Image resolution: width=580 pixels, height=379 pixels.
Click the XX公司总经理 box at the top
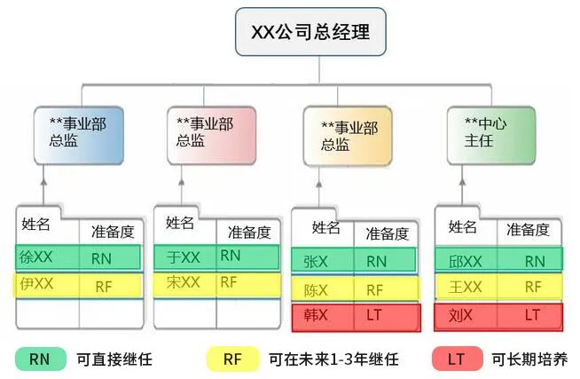click(x=310, y=33)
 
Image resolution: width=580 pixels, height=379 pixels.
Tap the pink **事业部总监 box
click(x=211, y=133)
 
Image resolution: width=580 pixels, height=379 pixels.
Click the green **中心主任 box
click(x=490, y=133)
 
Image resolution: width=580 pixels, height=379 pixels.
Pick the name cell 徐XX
click(x=38, y=257)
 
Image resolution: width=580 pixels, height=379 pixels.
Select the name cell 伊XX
click(x=38, y=285)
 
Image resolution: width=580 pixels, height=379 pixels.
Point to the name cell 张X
click(x=317, y=261)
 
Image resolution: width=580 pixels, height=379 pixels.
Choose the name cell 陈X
click(x=317, y=289)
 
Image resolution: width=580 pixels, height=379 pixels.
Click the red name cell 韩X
click(x=317, y=315)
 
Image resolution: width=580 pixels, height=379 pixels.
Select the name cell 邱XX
click(x=466, y=261)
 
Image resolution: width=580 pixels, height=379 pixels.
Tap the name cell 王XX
click(x=466, y=288)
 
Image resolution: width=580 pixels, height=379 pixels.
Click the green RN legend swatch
click(x=40, y=359)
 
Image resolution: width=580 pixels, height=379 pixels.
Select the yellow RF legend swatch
click(x=232, y=359)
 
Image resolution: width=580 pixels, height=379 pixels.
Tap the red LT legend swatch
click(x=456, y=359)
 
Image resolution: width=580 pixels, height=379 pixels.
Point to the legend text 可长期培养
click(x=529, y=359)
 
